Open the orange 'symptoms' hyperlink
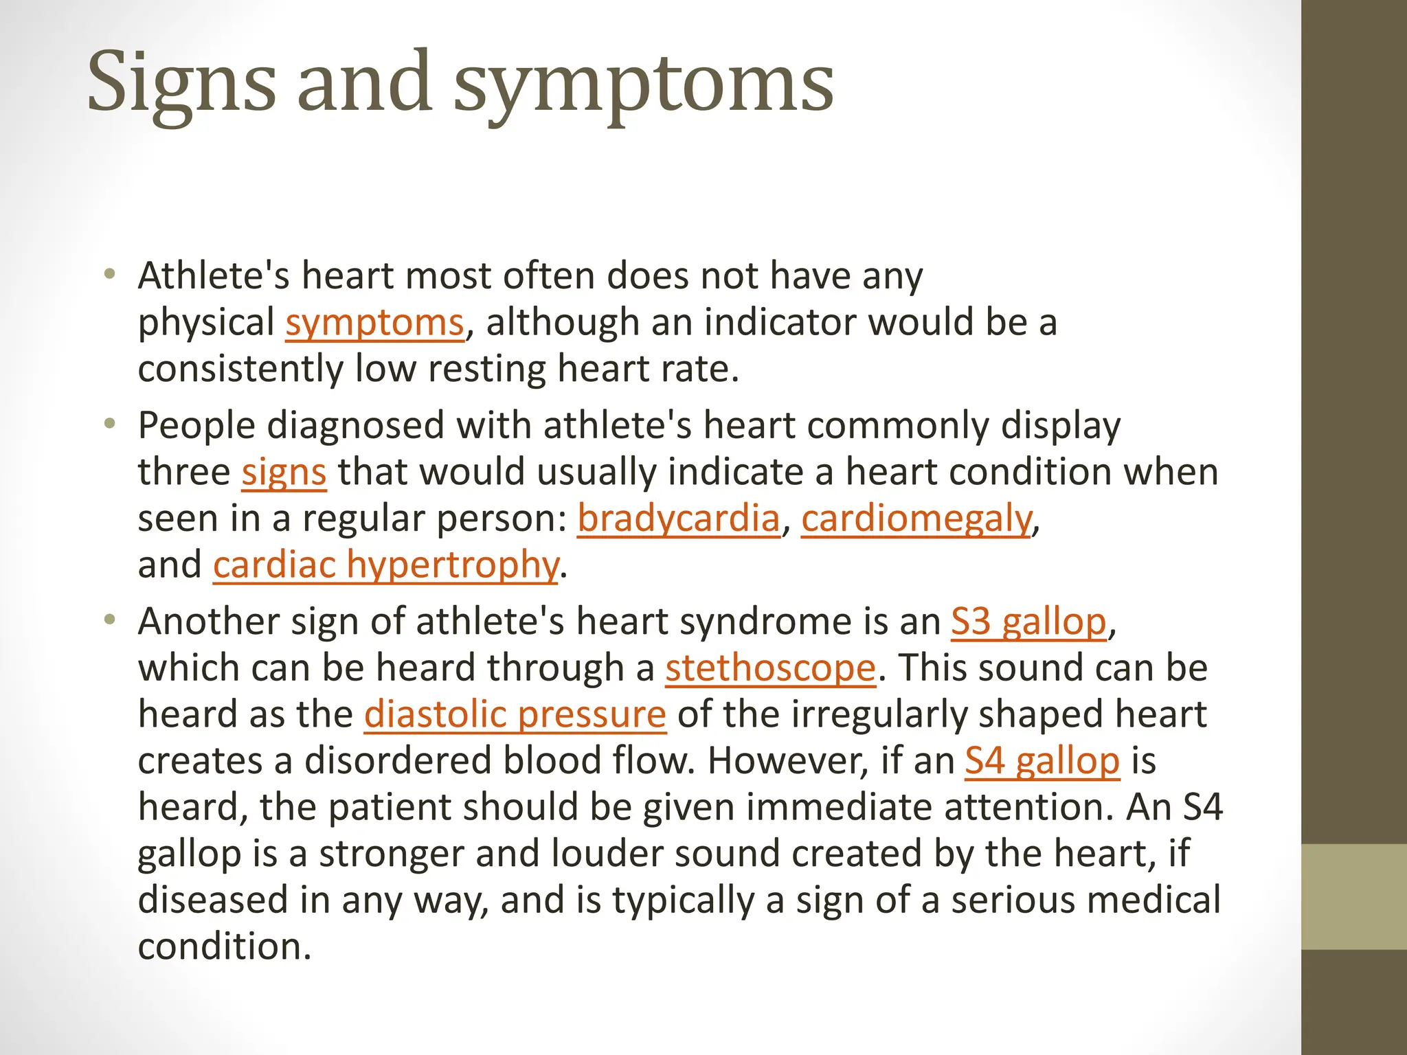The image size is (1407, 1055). tap(374, 322)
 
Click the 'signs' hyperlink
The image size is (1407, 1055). tap(284, 472)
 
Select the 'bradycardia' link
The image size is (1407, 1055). tap(678, 518)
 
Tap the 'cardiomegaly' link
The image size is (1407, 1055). tap(916, 518)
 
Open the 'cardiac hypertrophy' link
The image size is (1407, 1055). tap(385, 565)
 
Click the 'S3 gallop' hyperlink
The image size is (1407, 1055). tap(1028, 622)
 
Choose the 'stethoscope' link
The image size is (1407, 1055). tap(770, 668)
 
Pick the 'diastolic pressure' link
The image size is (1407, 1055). tap(515, 714)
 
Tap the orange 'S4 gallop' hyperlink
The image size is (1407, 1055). tap(1042, 761)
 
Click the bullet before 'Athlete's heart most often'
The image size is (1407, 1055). tap(109, 276)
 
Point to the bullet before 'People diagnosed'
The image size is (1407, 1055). tap(109, 425)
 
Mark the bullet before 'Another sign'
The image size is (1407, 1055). tap(109, 622)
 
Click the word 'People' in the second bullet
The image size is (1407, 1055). tap(196, 425)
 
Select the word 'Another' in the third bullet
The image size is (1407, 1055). tap(208, 622)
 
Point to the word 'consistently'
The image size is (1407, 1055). tap(240, 369)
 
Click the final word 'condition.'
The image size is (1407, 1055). tap(225, 946)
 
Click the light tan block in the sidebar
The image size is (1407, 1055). tap(1354, 896)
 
